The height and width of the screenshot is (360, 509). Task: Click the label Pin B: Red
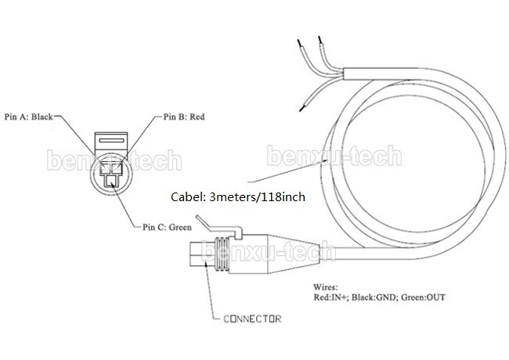(x=184, y=117)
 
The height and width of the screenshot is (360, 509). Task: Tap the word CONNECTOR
(x=252, y=319)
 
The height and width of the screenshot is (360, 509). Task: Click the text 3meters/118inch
(x=258, y=197)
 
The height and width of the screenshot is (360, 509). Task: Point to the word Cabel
(x=188, y=197)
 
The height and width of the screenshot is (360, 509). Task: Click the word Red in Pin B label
(x=197, y=117)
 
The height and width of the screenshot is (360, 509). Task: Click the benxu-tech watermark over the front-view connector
(x=113, y=161)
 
